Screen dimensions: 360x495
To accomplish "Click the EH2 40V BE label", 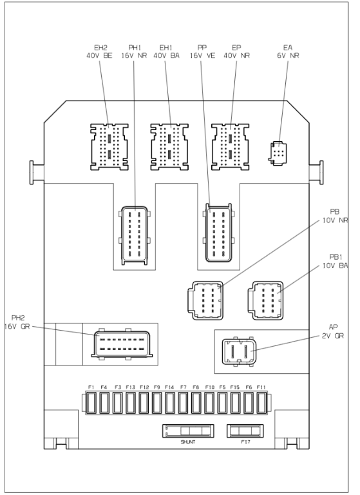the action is coord(99,52).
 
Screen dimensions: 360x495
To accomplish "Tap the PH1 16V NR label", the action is coord(134,52).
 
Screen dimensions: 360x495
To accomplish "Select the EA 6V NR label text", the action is coord(288,52).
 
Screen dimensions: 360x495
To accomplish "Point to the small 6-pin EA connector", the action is coord(278,153).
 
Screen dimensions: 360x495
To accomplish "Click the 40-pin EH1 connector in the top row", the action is coord(169,147).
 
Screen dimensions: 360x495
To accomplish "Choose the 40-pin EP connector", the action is coord(231,147).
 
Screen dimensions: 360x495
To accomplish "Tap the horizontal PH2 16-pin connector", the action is coord(122,344).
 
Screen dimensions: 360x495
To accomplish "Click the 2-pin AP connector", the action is coord(239,352).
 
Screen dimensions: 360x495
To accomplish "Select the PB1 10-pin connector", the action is coord(266,301).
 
